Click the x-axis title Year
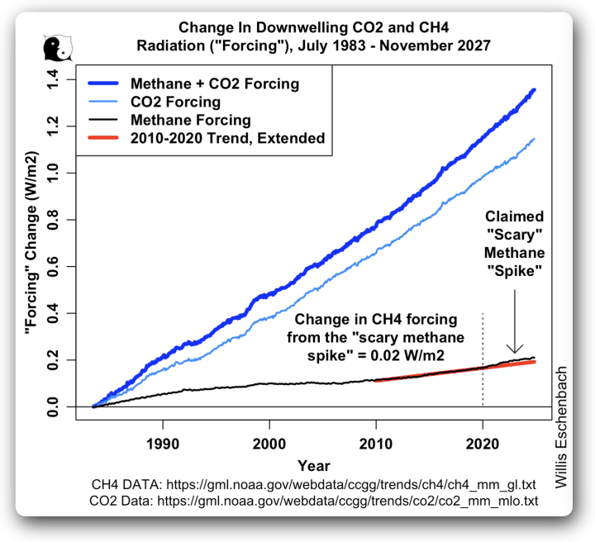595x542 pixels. (x=314, y=465)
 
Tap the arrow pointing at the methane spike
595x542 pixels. (x=514, y=323)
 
